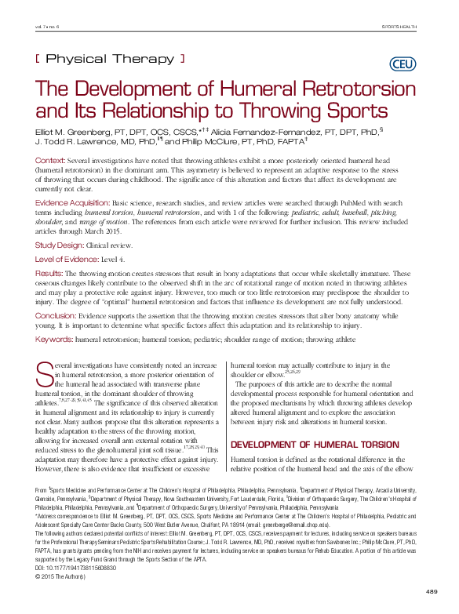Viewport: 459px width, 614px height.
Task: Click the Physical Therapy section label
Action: (111, 59)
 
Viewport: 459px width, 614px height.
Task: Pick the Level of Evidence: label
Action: (72, 258)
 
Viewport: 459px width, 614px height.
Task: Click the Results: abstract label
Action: (53, 273)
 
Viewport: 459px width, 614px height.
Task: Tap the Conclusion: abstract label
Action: (60, 315)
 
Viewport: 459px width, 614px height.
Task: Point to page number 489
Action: (430, 590)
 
